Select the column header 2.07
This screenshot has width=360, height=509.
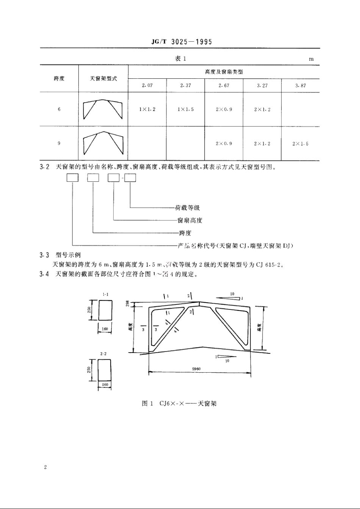click(x=147, y=86)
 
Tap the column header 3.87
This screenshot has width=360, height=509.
click(x=301, y=86)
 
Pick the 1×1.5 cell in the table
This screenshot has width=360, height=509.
click(x=186, y=109)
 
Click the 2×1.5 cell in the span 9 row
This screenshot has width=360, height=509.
click(x=301, y=144)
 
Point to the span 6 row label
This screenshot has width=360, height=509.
click(x=59, y=109)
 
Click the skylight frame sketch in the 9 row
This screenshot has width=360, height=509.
click(x=103, y=144)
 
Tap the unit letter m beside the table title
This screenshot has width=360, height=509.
click(x=311, y=59)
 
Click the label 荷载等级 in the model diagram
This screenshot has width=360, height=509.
click(x=187, y=208)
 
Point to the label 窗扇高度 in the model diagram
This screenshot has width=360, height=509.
click(x=190, y=220)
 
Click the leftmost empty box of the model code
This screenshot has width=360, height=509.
click(x=72, y=178)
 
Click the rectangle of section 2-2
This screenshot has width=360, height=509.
click(x=105, y=370)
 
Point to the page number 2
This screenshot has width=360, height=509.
click(x=45, y=467)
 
